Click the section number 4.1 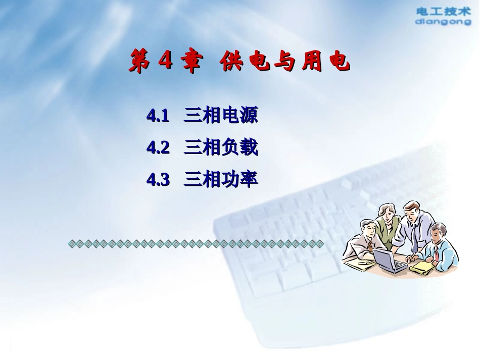pyautogui.click(x=158, y=117)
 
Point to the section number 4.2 pyautogui.click(x=158, y=148)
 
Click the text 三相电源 pyautogui.click(x=221, y=116)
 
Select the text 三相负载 pyautogui.click(x=221, y=147)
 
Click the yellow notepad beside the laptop pyautogui.click(x=422, y=268)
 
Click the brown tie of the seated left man pyautogui.click(x=370, y=246)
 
